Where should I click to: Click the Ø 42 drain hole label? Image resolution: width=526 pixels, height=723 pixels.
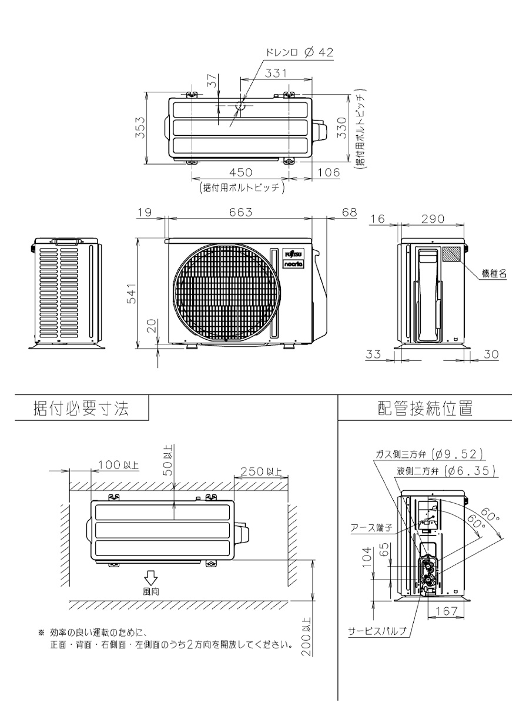319,52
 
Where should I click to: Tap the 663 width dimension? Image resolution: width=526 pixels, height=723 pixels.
240,212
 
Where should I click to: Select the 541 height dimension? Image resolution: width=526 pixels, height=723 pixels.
131,294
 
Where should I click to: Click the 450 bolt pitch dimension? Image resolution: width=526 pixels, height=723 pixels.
240,172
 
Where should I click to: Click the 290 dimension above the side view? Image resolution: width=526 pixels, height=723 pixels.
433,219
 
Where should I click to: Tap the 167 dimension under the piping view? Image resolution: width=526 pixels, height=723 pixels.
447,611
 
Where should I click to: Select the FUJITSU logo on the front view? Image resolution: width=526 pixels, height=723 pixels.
294,254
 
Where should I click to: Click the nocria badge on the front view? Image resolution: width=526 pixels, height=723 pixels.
294,264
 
